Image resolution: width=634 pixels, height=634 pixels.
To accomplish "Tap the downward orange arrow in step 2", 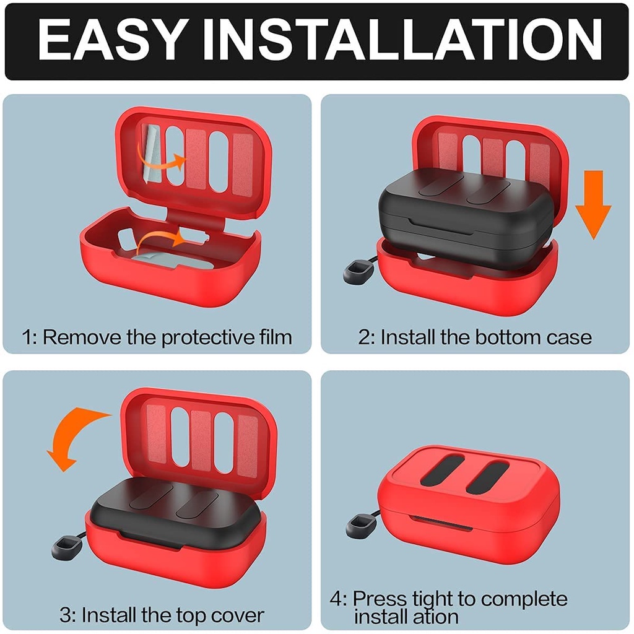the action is tap(593, 204).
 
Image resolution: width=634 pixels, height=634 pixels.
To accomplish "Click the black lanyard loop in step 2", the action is tap(356, 271).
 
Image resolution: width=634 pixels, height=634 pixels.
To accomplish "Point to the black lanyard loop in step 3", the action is tap(66, 548).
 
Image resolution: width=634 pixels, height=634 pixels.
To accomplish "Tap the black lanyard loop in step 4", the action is tap(361, 524).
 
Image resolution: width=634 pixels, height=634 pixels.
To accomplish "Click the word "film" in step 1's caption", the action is tap(275, 337).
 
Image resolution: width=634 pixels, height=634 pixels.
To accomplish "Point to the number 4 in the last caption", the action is tap(335, 599).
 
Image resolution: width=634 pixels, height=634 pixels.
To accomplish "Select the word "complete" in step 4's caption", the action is tap(524, 599).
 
